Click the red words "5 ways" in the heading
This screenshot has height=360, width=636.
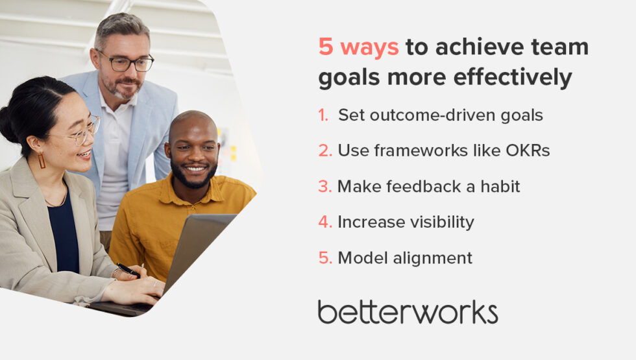358,48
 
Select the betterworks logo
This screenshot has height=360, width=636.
408,312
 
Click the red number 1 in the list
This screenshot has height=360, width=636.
323,115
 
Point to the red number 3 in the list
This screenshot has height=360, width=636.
324,187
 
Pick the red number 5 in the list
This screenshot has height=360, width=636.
324,258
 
